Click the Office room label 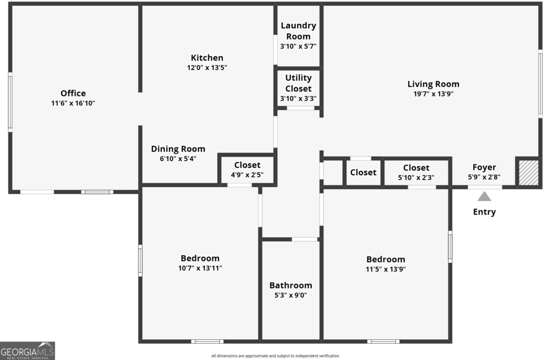(73, 93)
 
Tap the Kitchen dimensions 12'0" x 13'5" (207, 67)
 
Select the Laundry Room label (298, 31)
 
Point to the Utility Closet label (298, 83)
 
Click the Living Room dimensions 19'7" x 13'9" (433, 94)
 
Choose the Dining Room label (178, 149)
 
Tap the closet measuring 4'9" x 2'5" (247, 170)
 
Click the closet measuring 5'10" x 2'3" (416, 172)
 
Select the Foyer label (484, 168)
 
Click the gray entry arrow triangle (484, 197)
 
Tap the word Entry (484, 212)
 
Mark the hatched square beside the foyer (529, 172)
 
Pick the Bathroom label (291, 285)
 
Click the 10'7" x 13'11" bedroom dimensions (200, 268)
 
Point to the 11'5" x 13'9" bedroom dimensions (386, 269)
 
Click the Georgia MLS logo (28, 351)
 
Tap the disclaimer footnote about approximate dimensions (275, 356)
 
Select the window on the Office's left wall (11, 102)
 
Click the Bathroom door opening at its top (304, 239)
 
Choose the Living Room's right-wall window (540, 83)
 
